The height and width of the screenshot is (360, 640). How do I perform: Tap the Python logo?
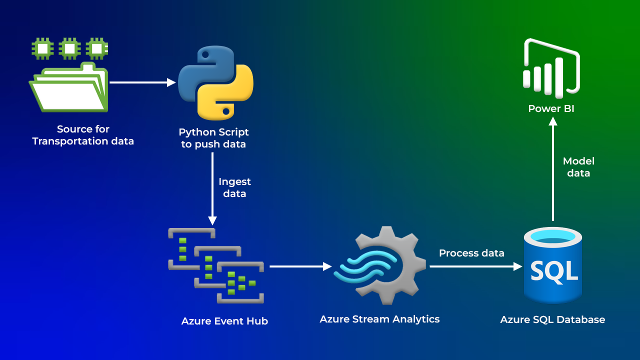216,82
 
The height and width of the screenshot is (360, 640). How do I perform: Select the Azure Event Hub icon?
216,265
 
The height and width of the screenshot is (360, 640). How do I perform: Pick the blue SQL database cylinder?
553,265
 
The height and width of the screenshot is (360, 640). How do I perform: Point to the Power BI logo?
551,68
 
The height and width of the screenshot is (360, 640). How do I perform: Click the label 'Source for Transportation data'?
83,135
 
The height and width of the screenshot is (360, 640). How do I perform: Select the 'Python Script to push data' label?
214,138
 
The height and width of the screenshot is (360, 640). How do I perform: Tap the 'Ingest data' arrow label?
234,187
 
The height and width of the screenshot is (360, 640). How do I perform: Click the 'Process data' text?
471,253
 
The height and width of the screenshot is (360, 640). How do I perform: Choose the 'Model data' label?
578,167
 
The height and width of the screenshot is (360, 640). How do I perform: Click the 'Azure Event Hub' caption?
224,321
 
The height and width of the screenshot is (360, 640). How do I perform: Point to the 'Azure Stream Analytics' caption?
379,319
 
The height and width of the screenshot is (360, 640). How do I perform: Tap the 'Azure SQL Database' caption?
552,319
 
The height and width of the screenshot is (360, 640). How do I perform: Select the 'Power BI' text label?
551,108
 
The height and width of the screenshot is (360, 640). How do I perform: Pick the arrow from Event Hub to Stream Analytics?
300,266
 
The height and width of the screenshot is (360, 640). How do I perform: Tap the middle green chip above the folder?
69,48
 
